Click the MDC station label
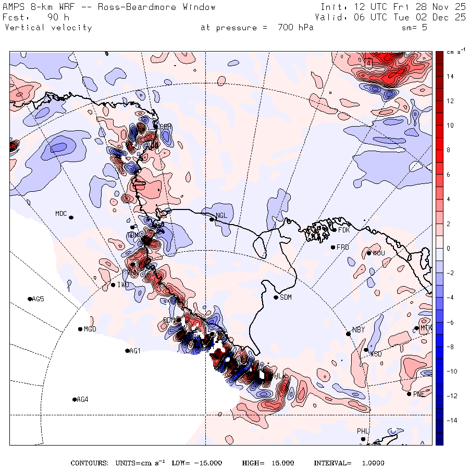pyautogui.click(x=61, y=214)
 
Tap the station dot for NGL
pyautogui.click(x=212, y=219)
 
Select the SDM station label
pyautogui.click(x=286, y=297)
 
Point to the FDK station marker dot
pyautogui.click(x=334, y=230)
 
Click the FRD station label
pyautogui.click(x=342, y=247)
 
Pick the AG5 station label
pyautogui.click(x=38, y=299)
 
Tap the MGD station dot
pyautogui.click(x=80, y=329)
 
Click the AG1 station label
pyautogui.click(x=135, y=351)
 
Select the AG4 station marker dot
pyautogui.click(x=75, y=399)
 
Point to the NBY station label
pyautogui.click(x=358, y=330)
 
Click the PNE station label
pyautogui.click(x=419, y=394)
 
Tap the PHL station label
pyautogui.click(x=363, y=431)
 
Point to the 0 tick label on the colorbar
pyautogui.click(x=449, y=249)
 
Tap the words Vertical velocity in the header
pyautogui.click(x=48, y=28)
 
